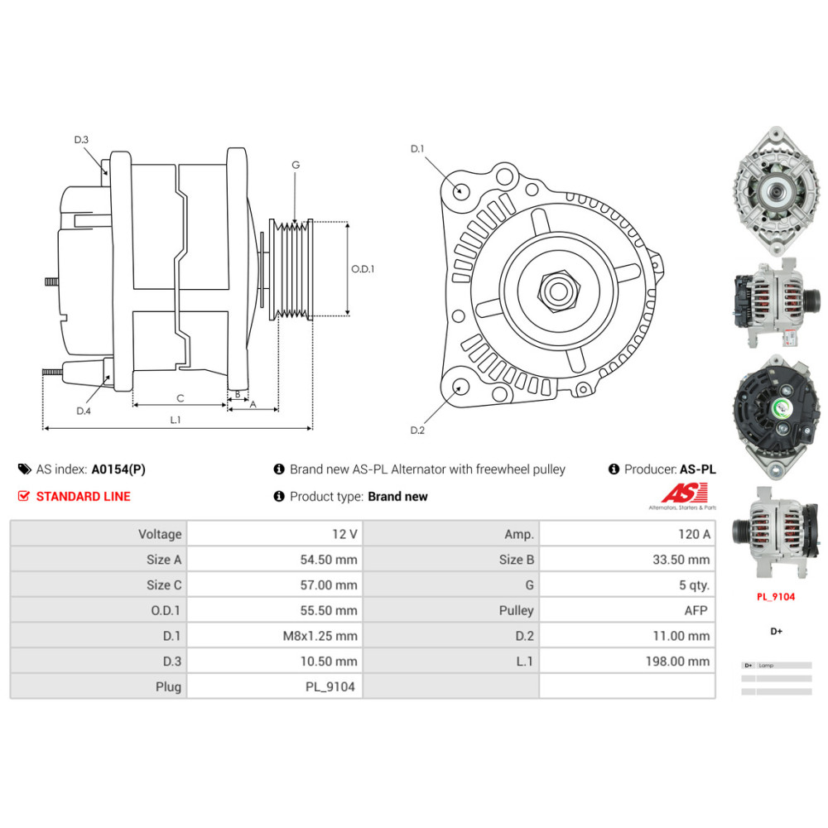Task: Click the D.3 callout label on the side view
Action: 81,140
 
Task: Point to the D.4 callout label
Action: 83,411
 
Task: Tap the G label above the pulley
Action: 296,165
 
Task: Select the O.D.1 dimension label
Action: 363,269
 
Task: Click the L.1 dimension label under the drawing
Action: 175,420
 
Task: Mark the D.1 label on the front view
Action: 417,149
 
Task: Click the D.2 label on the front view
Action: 417,430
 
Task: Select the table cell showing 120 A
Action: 628,534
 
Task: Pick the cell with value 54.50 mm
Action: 275,560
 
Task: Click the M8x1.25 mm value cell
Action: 275,636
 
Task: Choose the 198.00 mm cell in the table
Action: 628,662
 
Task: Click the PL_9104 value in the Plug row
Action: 275,686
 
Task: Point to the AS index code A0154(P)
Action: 118,469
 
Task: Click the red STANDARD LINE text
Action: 83,497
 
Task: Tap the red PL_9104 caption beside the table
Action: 776,596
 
